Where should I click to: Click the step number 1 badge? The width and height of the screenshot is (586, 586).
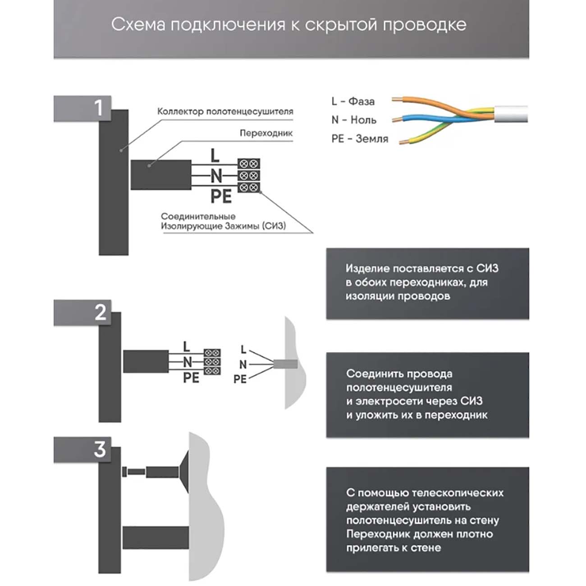pos(98,108)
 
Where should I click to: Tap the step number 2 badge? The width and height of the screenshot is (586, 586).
pos(100,312)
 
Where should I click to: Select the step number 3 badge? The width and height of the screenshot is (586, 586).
pos(100,449)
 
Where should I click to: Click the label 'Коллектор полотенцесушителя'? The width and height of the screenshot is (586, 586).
pos(225,111)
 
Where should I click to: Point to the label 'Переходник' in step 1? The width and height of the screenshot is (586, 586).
pos(266,133)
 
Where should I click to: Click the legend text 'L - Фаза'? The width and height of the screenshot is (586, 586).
pos(353,101)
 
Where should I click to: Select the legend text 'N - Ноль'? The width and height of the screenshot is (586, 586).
pos(354,120)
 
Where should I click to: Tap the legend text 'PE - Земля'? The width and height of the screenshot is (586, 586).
pos(360,139)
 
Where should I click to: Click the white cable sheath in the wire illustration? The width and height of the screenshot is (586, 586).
pos(511,114)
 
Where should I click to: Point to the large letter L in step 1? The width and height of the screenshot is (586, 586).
pos(215,156)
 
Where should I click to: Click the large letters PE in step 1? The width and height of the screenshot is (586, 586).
pos(221,197)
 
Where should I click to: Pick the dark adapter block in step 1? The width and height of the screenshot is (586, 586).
pos(160,174)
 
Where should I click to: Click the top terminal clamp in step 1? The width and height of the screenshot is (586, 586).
pos(249,163)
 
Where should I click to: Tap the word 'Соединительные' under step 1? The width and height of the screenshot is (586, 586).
pos(198,216)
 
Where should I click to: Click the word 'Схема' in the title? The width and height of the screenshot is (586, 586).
pos(138,24)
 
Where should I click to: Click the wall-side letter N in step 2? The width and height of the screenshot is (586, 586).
pos(243,364)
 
